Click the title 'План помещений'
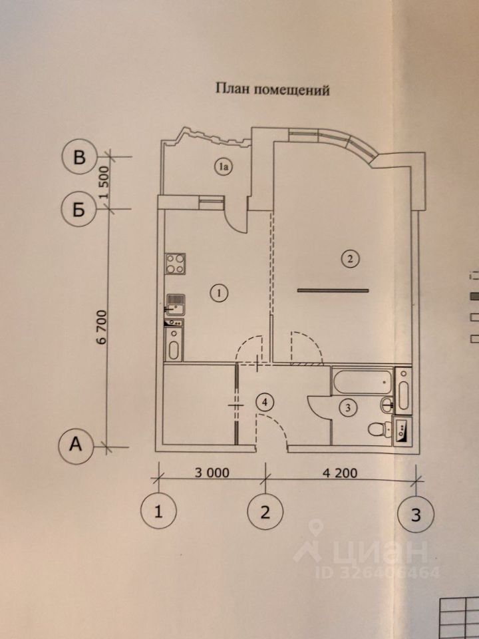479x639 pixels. coord(271,89)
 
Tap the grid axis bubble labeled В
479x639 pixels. coord(79,158)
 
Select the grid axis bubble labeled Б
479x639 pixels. coord(79,210)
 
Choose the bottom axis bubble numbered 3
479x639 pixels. coord(416,515)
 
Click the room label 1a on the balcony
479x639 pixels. coord(222,168)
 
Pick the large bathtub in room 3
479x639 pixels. coord(362,382)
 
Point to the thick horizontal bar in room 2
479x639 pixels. coord(333,290)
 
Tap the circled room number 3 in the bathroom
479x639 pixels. coord(347,408)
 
